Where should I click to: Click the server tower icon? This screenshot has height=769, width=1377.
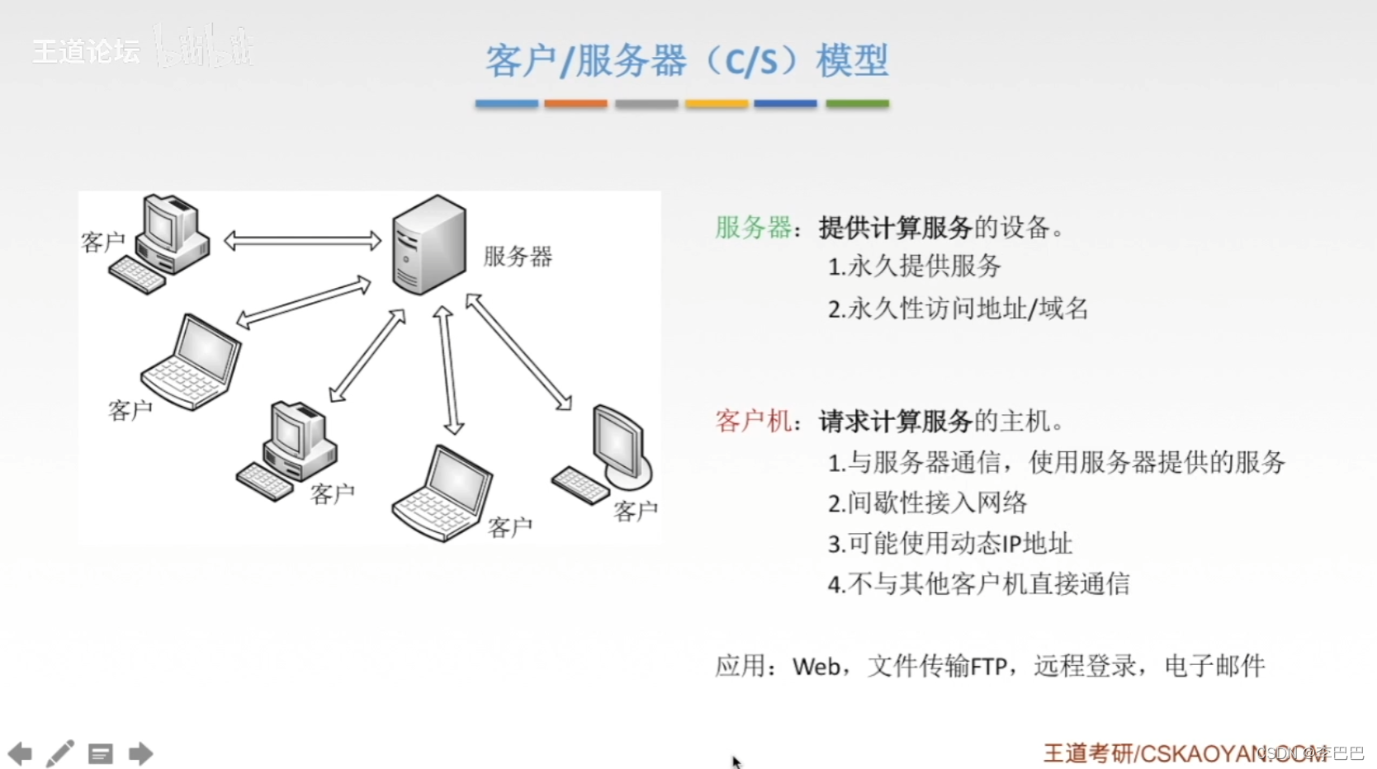click(x=428, y=244)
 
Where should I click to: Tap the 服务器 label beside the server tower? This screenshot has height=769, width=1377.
click(x=518, y=257)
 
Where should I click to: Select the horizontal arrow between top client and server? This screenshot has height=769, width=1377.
click(x=302, y=241)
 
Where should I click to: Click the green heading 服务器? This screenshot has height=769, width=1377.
click(x=753, y=228)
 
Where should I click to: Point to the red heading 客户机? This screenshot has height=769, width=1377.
click(x=753, y=422)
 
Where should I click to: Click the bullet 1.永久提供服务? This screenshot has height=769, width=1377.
click(x=914, y=267)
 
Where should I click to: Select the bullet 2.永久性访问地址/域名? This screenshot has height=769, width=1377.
click(x=958, y=309)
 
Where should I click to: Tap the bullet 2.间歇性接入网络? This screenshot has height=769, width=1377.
click(x=927, y=503)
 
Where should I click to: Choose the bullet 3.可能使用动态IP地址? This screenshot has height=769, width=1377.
click(x=949, y=544)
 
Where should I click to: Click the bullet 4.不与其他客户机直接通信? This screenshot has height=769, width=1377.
click(x=978, y=584)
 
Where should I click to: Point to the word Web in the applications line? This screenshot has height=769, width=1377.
click(x=816, y=667)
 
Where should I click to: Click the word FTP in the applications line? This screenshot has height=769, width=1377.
click(x=988, y=667)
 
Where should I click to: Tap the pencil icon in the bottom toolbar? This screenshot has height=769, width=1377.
click(x=59, y=753)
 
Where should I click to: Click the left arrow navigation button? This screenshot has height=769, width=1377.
click(x=20, y=753)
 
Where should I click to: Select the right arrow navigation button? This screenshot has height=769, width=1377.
click(x=140, y=753)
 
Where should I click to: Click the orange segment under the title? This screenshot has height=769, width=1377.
click(x=575, y=104)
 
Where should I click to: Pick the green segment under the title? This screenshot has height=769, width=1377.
click(x=857, y=104)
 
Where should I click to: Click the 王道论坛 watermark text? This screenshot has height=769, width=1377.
click(x=86, y=52)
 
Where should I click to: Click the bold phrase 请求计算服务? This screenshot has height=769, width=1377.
click(x=895, y=422)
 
